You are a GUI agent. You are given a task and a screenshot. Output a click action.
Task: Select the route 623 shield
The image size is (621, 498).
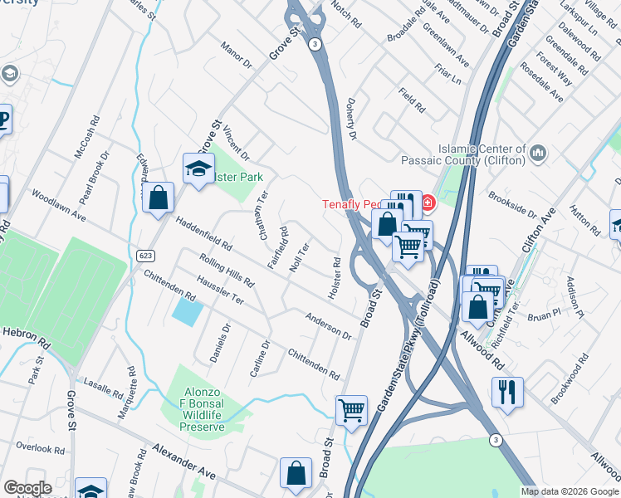click(x=144, y=260)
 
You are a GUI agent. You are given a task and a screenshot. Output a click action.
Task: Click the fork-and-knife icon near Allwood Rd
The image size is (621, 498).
click(x=506, y=392)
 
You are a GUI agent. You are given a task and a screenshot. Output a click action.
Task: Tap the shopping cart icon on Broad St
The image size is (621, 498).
click(x=351, y=410)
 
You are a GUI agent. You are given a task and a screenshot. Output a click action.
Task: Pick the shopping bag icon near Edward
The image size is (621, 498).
click(x=158, y=199)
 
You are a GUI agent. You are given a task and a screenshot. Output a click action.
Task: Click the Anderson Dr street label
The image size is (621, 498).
click(x=328, y=325)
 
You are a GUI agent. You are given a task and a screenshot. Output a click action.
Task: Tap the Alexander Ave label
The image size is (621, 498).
click(x=184, y=461)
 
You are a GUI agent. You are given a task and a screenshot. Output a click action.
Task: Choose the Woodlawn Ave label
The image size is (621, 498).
click(x=59, y=205)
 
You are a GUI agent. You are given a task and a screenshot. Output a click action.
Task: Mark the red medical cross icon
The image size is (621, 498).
click(x=428, y=202)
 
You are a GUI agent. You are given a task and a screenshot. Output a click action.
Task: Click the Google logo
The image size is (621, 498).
click(x=27, y=488)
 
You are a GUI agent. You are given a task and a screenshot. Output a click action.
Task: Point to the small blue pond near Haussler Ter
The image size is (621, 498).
click(x=187, y=311)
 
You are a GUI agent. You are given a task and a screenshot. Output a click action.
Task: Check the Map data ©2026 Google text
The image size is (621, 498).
click(x=569, y=491)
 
